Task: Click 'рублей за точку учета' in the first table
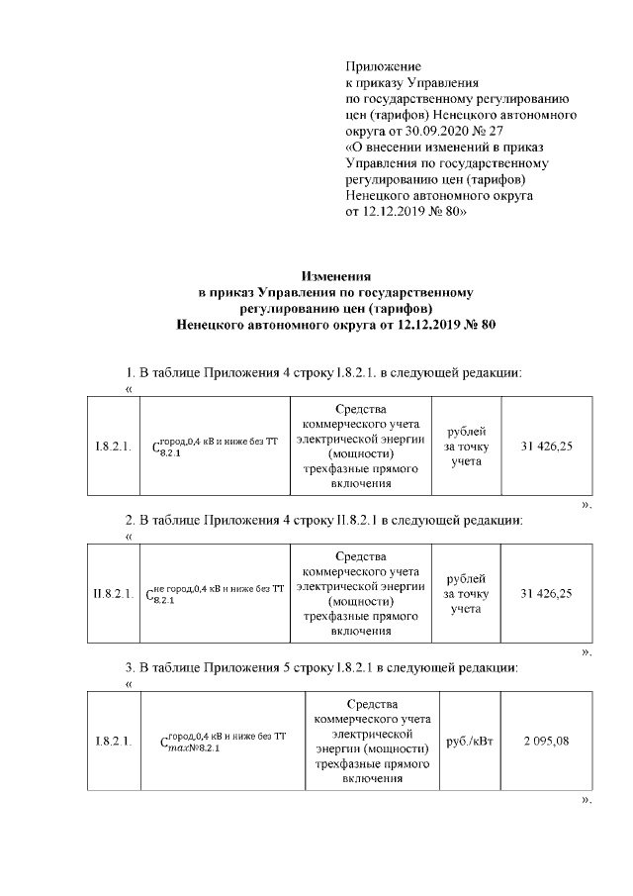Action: [x=466, y=447]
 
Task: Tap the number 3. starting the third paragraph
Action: [x=130, y=667]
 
